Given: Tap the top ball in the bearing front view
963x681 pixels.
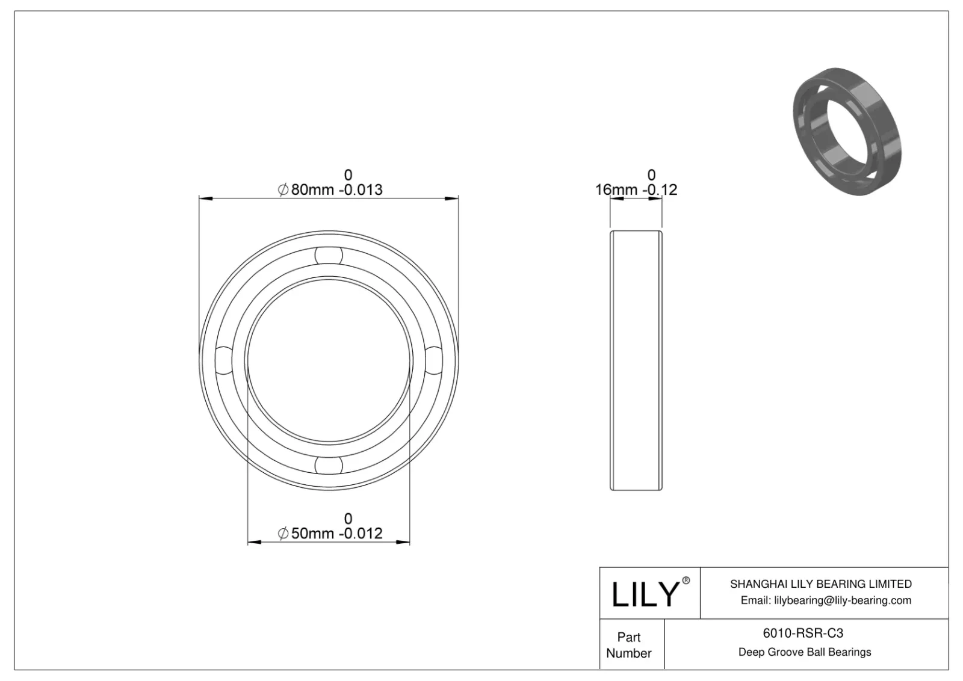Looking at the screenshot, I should tap(329, 255).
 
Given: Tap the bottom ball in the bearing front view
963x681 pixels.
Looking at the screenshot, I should tap(329, 465).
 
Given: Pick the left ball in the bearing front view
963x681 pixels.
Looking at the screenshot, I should tap(223, 360).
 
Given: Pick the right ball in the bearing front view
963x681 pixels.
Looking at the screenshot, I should tap(433, 360).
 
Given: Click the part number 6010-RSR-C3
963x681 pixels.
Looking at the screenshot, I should tap(803, 633).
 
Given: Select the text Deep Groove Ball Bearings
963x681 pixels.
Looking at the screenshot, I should tap(804, 652).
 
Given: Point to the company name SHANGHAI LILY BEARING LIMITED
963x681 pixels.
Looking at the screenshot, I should tap(820, 584).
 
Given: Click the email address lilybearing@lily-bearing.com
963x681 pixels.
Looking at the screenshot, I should tap(826, 600).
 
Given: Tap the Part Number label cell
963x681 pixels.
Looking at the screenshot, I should tap(629, 645).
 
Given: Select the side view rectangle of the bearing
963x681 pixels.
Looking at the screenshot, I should tap(636, 360).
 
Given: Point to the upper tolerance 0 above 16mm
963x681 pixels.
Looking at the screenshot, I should tap(651, 175).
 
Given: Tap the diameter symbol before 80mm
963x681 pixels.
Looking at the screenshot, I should tap(283, 191).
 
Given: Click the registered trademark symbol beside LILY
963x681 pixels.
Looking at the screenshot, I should tap(686, 581).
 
